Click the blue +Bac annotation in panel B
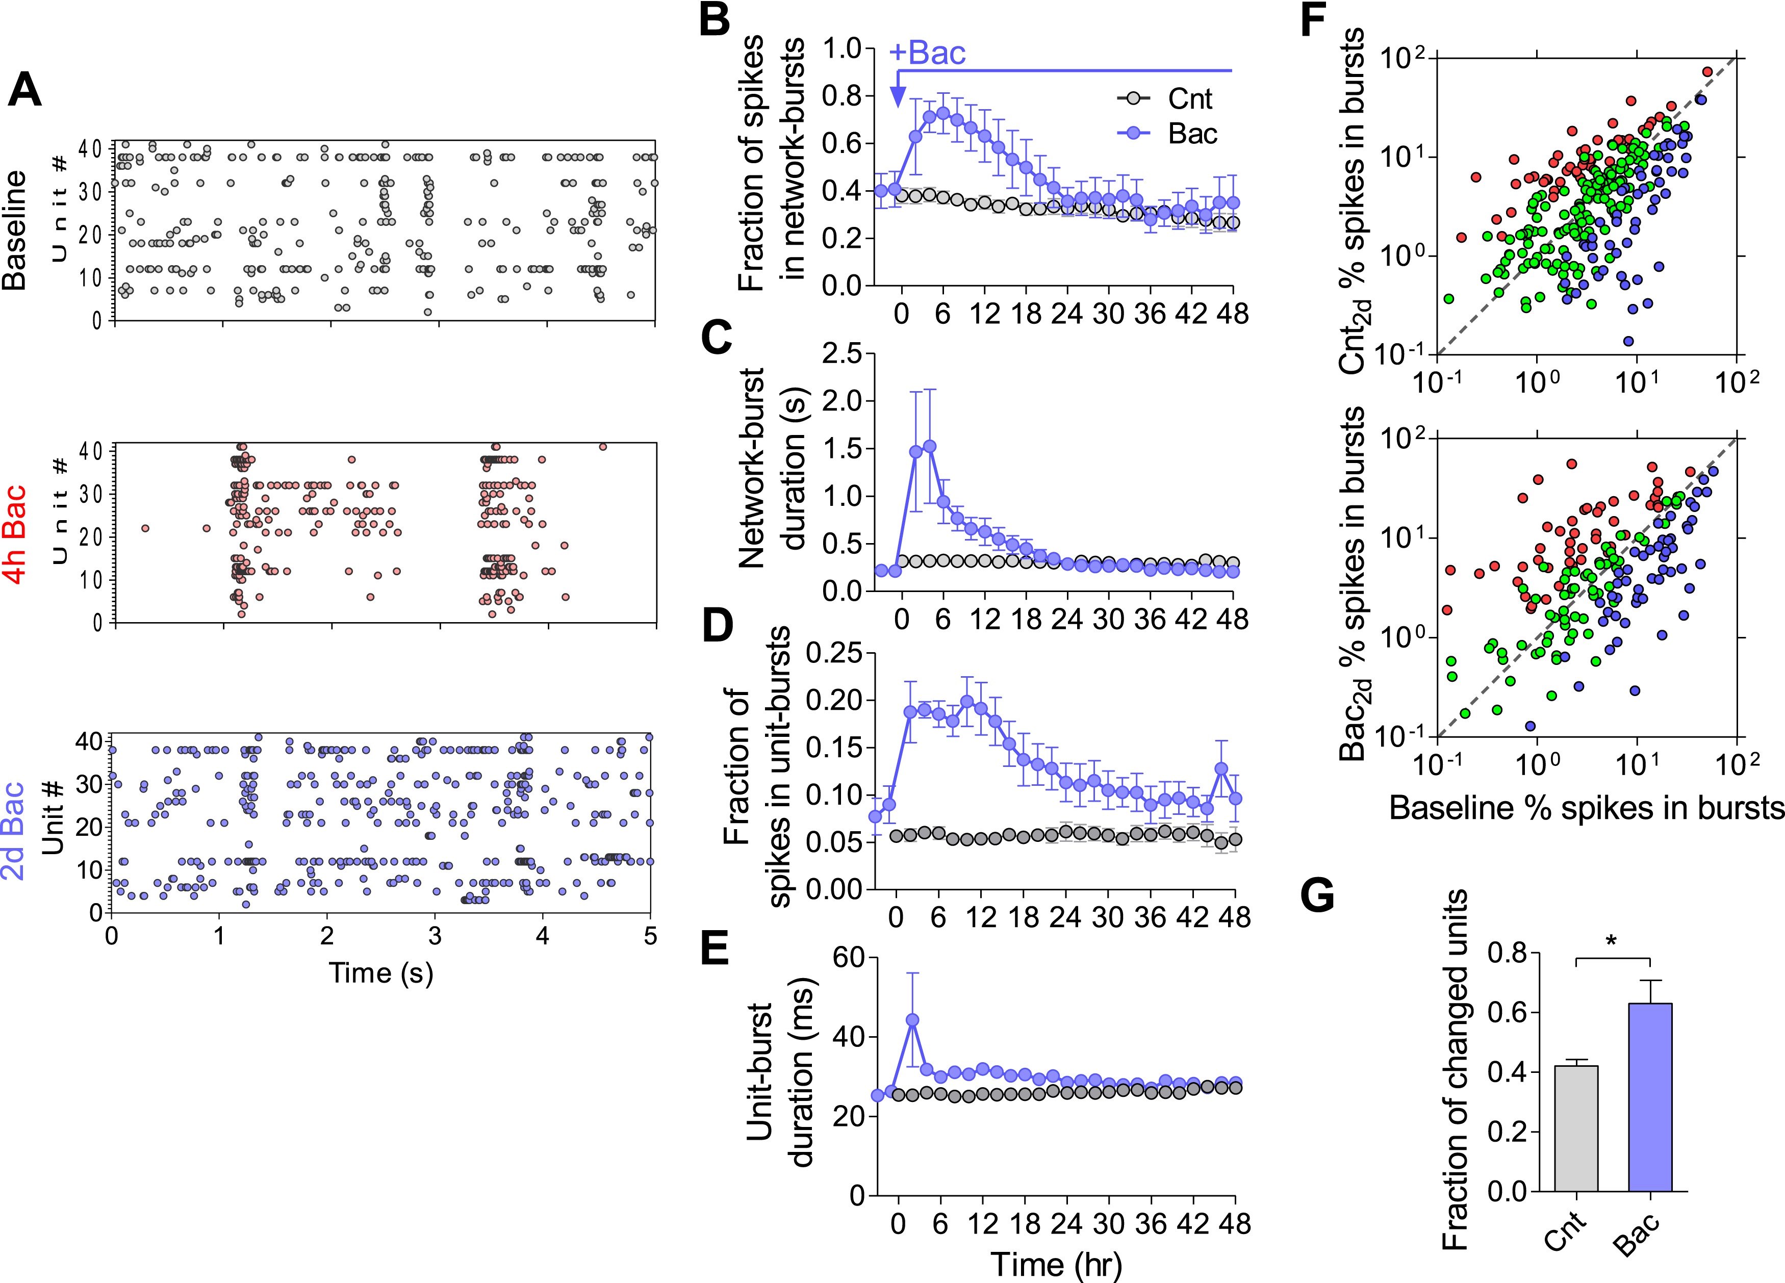click(x=927, y=54)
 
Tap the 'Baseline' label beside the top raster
click(x=15, y=230)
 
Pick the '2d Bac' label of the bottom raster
click(x=15, y=827)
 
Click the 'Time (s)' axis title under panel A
click(x=381, y=973)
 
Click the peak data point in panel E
click(x=912, y=1019)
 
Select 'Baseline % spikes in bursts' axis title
click(x=1586, y=808)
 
